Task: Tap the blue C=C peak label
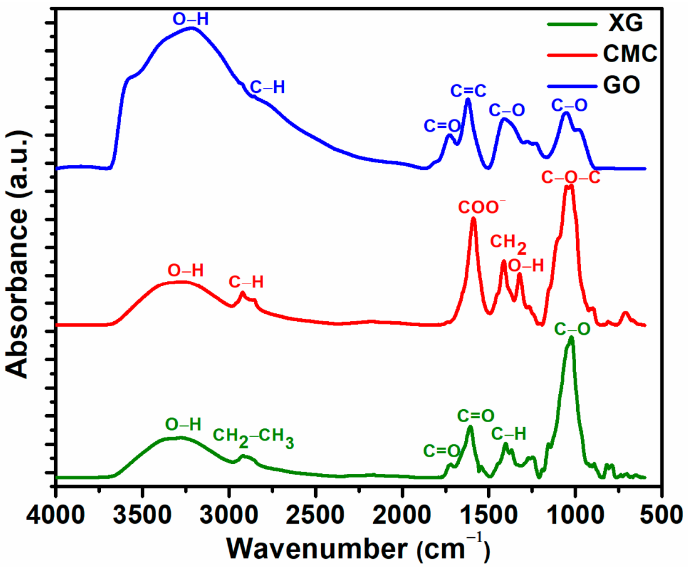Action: [x=469, y=91]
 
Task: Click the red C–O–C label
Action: [x=570, y=178]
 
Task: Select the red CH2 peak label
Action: [x=508, y=244]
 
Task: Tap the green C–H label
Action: [x=508, y=434]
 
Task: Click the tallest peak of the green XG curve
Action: [x=571, y=337]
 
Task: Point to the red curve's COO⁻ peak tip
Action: [x=473, y=218]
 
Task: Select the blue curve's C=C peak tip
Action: [x=468, y=99]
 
